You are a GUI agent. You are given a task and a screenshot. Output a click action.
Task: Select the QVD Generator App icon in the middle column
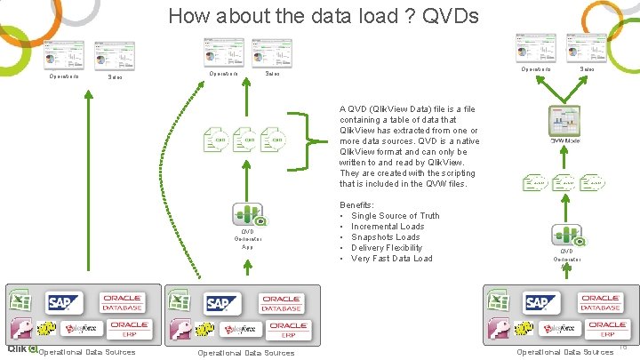246,216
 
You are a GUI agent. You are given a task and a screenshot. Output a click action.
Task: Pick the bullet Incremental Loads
388,227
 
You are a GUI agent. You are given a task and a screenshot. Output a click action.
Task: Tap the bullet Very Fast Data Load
391,259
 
